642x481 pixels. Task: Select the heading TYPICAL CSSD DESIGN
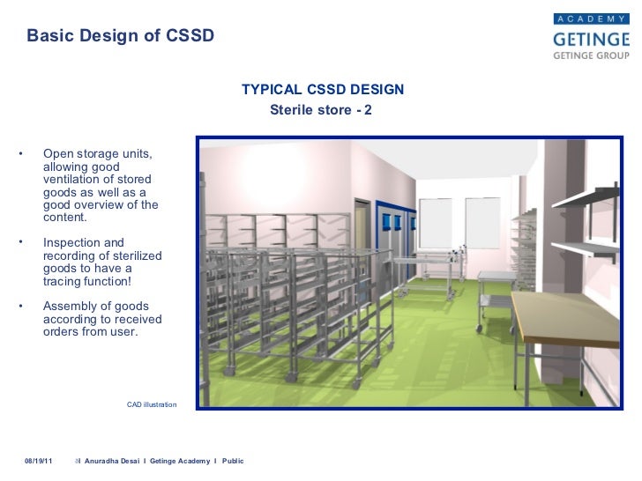[323, 91]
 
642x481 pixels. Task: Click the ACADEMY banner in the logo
[591, 18]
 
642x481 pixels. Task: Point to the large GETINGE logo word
[590, 39]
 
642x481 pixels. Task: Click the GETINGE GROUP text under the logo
[590, 55]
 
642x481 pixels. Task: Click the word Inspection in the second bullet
[71, 242]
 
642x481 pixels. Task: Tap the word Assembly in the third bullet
[69, 306]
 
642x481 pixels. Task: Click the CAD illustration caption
[152, 404]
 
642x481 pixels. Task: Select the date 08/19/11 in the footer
[38, 462]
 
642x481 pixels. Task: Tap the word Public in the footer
[233, 462]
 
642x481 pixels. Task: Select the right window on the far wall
[481, 223]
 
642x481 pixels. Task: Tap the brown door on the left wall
[362, 235]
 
